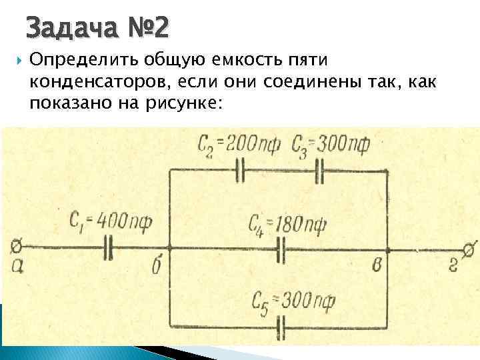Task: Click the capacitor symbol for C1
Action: (108, 250)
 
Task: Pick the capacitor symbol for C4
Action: (282, 250)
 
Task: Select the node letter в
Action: (378, 265)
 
